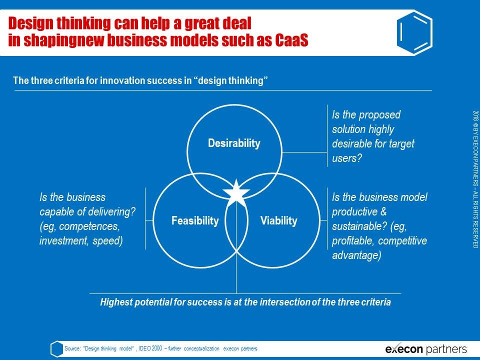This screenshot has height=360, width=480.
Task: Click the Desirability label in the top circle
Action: coord(234,143)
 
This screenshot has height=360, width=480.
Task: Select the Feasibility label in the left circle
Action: coord(195,220)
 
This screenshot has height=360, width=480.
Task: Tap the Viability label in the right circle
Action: coord(279,220)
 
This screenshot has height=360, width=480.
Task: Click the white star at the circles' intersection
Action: coord(236,193)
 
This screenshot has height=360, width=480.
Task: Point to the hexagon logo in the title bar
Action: coord(415,32)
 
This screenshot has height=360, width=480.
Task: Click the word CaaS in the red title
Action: coord(291,40)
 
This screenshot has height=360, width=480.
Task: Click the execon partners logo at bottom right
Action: coord(426,349)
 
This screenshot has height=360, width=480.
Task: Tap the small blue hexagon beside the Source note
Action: coord(57,348)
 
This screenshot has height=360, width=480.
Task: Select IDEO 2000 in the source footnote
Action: coord(150,348)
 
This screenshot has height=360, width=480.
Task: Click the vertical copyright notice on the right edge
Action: coord(475,179)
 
